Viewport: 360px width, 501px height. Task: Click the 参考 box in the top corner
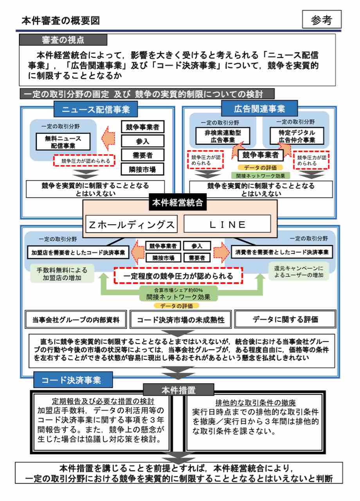(322, 19)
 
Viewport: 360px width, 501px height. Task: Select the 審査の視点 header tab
(63, 40)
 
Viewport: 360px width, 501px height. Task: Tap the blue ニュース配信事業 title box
(96, 109)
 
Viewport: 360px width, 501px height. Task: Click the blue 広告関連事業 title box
(259, 108)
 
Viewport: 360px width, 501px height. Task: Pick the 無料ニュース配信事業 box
(63, 142)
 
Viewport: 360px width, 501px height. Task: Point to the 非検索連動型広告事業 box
(223, 136)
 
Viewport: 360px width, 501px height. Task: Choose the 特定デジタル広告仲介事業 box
(297, 136)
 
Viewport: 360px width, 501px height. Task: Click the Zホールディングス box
(131, 224)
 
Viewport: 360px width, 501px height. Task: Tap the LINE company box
(227, 224)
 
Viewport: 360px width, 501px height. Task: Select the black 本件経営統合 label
(178, 202)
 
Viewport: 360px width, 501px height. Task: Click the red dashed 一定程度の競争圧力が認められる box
(178, 276)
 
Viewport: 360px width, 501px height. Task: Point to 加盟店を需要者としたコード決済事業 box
(78, 252)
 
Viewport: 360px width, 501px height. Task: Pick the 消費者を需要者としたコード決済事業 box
(282, 252)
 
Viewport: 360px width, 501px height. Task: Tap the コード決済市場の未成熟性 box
(180, 319)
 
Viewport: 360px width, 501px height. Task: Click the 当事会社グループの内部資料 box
(76, 319)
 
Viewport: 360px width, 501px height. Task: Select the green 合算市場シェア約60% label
(178, 290)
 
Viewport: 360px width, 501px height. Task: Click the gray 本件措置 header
(178, 391)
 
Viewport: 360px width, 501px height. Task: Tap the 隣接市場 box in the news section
(142, 169)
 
